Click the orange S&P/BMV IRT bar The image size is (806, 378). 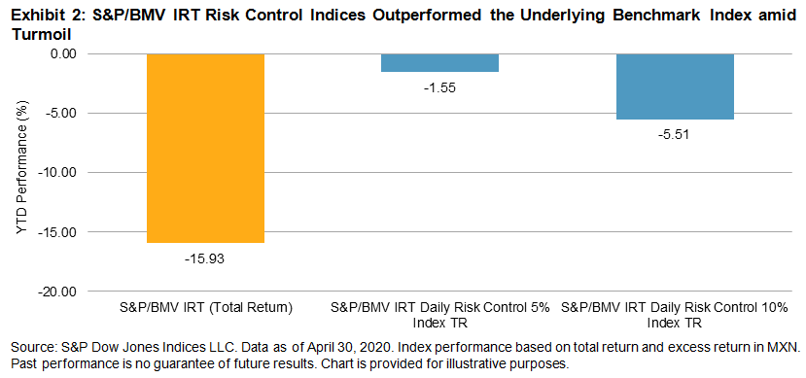coord(205,148)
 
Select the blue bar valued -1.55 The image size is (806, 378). coord(440,62)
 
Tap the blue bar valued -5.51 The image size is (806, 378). coord(675,86)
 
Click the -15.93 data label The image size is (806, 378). coord(205,258)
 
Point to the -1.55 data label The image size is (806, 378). coord(440,87)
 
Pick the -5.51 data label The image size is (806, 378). coord(675,136)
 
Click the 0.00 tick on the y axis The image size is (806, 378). coord(63,53)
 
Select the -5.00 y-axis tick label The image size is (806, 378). coord(61,113)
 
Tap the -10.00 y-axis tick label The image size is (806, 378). coord(58,173)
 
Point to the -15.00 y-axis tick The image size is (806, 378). coord(58,232)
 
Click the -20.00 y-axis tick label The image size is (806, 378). coord(58,292)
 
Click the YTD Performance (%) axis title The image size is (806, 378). coord(21,173)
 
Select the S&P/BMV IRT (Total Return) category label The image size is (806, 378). coord(205,308)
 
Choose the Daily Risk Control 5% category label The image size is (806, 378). coord(440,315)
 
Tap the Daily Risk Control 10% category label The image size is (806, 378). coord(675,315)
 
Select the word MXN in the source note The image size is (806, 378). coord(784,348)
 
